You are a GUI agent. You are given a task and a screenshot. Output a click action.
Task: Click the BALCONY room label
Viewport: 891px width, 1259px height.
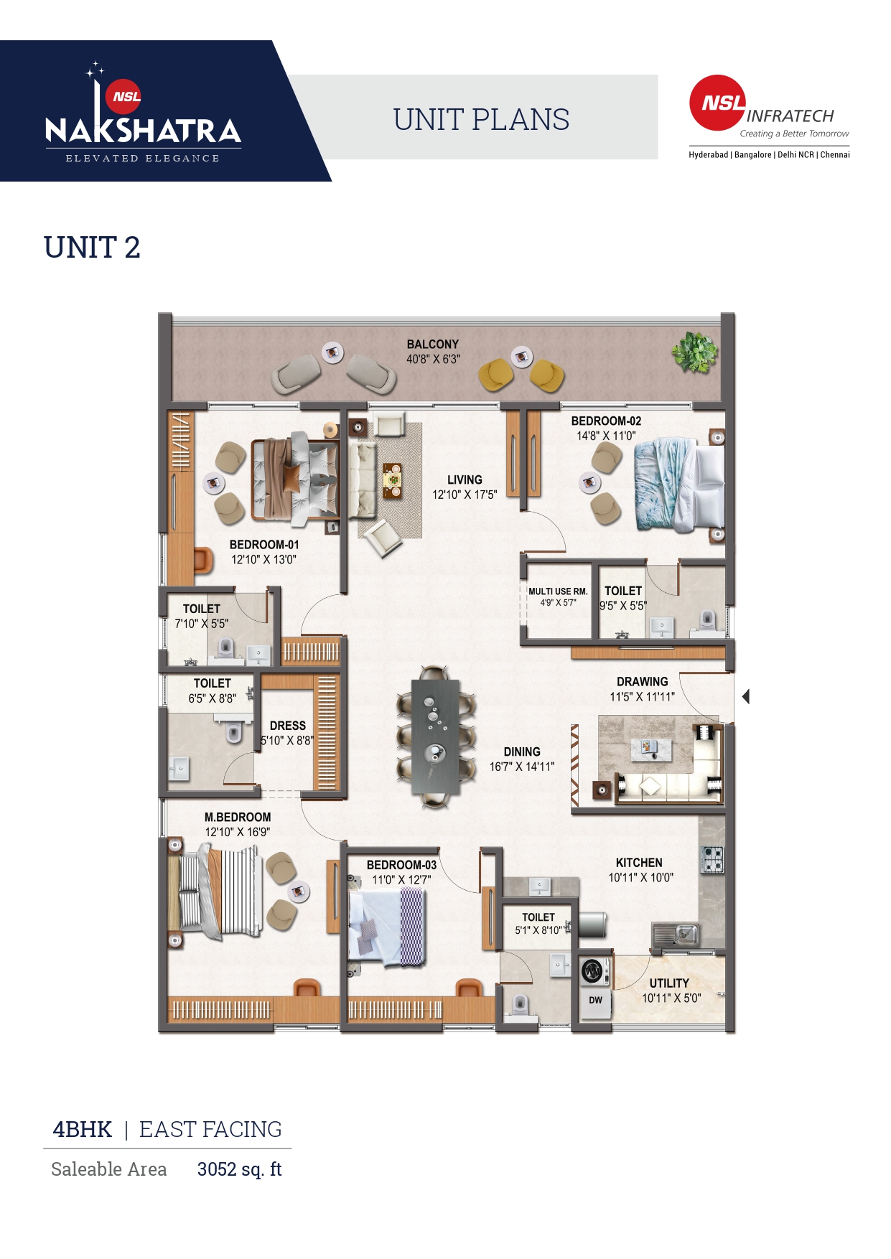point(432,345)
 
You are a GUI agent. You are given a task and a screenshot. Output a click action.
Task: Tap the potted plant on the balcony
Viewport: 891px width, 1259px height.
point(694,352)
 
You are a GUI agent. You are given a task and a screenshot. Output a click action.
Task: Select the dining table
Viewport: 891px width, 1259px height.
point(435,736)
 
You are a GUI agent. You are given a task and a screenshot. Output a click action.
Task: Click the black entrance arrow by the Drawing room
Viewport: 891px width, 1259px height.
point(746,696)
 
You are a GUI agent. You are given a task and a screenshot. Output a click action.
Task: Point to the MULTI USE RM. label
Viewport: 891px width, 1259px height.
point(558,591)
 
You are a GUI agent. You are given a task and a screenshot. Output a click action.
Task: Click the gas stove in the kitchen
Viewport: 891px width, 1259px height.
point(712,859)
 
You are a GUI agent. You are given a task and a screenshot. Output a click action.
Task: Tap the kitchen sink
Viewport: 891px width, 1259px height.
point(676,935)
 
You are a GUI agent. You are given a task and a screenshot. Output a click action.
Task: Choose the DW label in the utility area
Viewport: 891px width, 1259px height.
point(596,1000)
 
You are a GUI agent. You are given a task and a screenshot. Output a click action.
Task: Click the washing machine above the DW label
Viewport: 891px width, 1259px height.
point(593,971)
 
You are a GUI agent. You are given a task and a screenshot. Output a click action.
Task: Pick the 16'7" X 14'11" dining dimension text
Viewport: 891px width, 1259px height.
point(522,767)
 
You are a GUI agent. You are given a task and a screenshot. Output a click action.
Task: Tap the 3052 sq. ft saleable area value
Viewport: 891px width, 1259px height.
point(239,1169)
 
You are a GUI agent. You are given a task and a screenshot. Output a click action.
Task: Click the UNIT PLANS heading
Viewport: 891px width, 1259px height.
point(481,119)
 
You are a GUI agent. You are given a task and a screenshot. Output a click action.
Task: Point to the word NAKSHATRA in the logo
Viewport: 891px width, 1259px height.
point(144,130)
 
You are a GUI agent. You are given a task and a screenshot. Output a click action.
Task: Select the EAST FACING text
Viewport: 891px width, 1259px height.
point(210,1129)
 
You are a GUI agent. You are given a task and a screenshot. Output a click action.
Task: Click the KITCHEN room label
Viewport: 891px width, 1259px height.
point(639,863)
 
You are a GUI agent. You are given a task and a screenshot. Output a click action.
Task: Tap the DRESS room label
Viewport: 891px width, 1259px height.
point(288,726)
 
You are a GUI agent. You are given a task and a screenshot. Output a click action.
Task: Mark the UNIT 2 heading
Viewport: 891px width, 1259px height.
point(92,248)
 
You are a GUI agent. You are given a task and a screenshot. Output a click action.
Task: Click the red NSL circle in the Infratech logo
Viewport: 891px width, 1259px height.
point(718,103)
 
